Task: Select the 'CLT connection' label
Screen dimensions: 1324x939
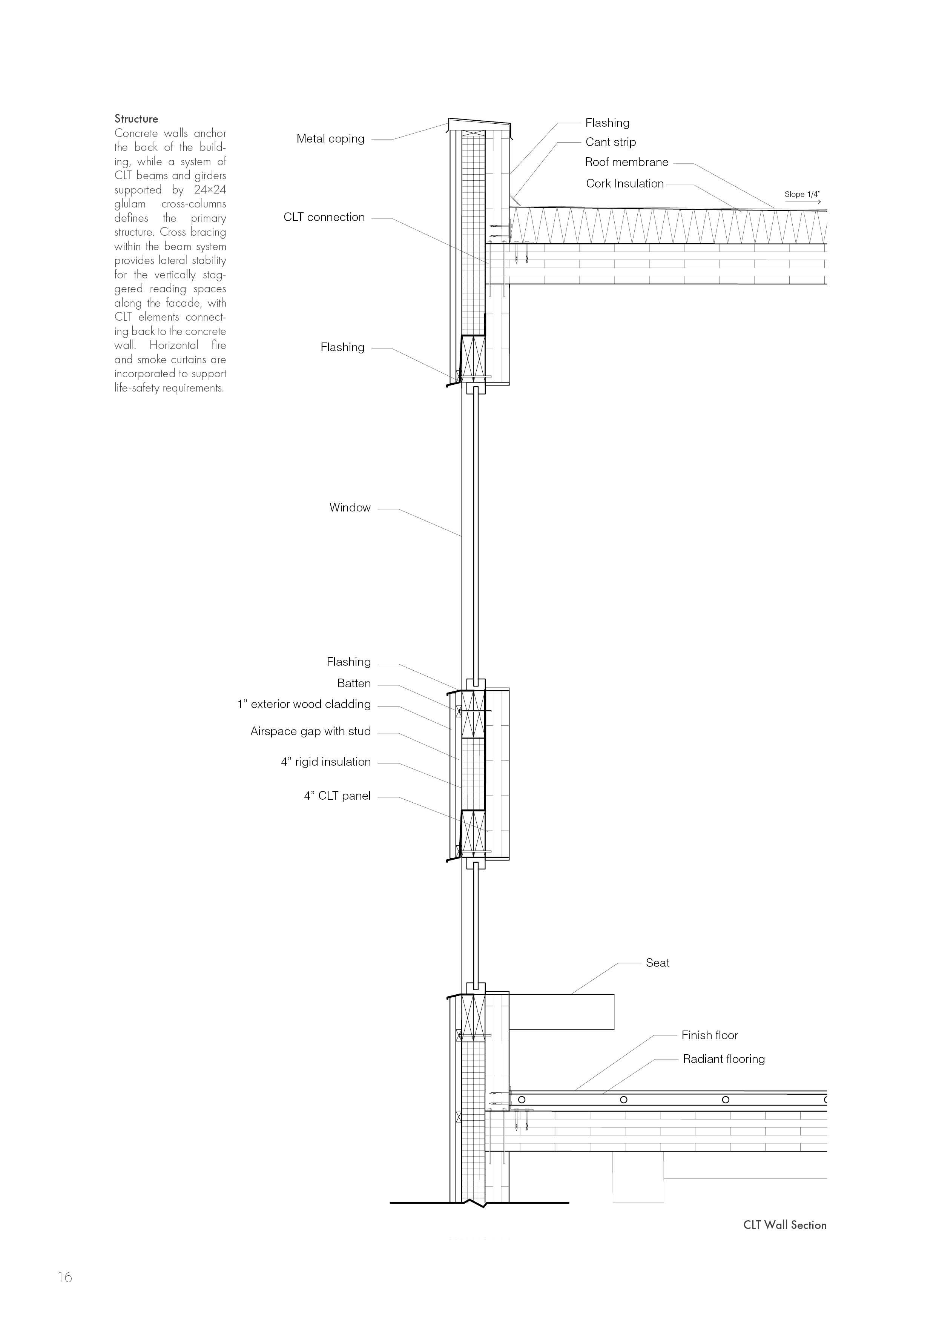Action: click(324, 218)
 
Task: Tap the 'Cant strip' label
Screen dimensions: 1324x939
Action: click(610, 142)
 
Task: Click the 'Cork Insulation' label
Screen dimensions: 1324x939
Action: click(624, 184)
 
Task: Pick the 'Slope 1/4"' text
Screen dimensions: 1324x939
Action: click(802, 194)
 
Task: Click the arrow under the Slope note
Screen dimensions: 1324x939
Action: click(803, 202)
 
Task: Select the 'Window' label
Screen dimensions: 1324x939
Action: click(350, 508)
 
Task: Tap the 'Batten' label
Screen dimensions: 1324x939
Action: click(354, 684)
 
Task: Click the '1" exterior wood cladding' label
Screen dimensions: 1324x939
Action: click(304, 705)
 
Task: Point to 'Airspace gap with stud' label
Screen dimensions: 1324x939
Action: click(310, 732)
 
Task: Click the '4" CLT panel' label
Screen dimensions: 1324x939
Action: click(337, 797)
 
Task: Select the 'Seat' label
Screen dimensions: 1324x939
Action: click(657, 963)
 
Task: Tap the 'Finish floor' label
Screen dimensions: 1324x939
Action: click(709, 1035)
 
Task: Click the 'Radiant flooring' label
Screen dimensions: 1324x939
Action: click(723, 1059)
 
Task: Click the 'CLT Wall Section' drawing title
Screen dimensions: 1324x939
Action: click(785, 1225)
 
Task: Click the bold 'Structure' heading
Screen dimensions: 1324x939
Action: click(136, 119)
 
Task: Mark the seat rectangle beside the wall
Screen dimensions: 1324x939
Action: click(561, 1012)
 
